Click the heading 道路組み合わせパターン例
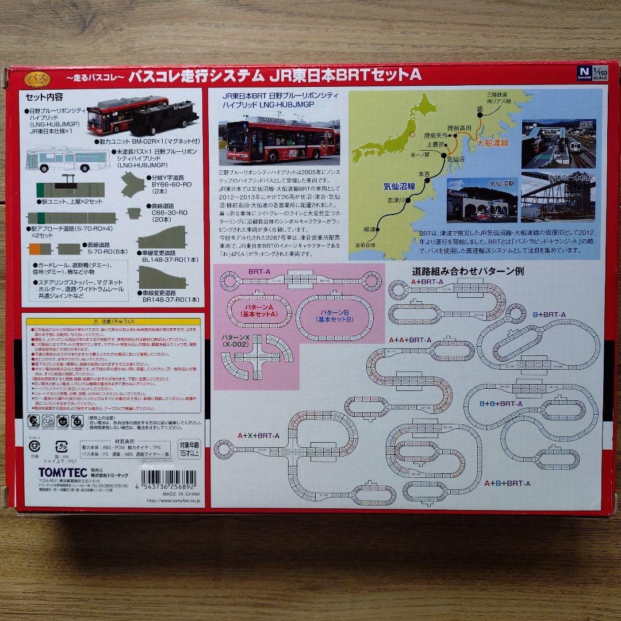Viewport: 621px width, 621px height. click(x=467, y=270)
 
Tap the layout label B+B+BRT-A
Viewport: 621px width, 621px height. click(x=500, y=404)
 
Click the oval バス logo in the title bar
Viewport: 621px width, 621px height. click(x=37, y=78)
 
